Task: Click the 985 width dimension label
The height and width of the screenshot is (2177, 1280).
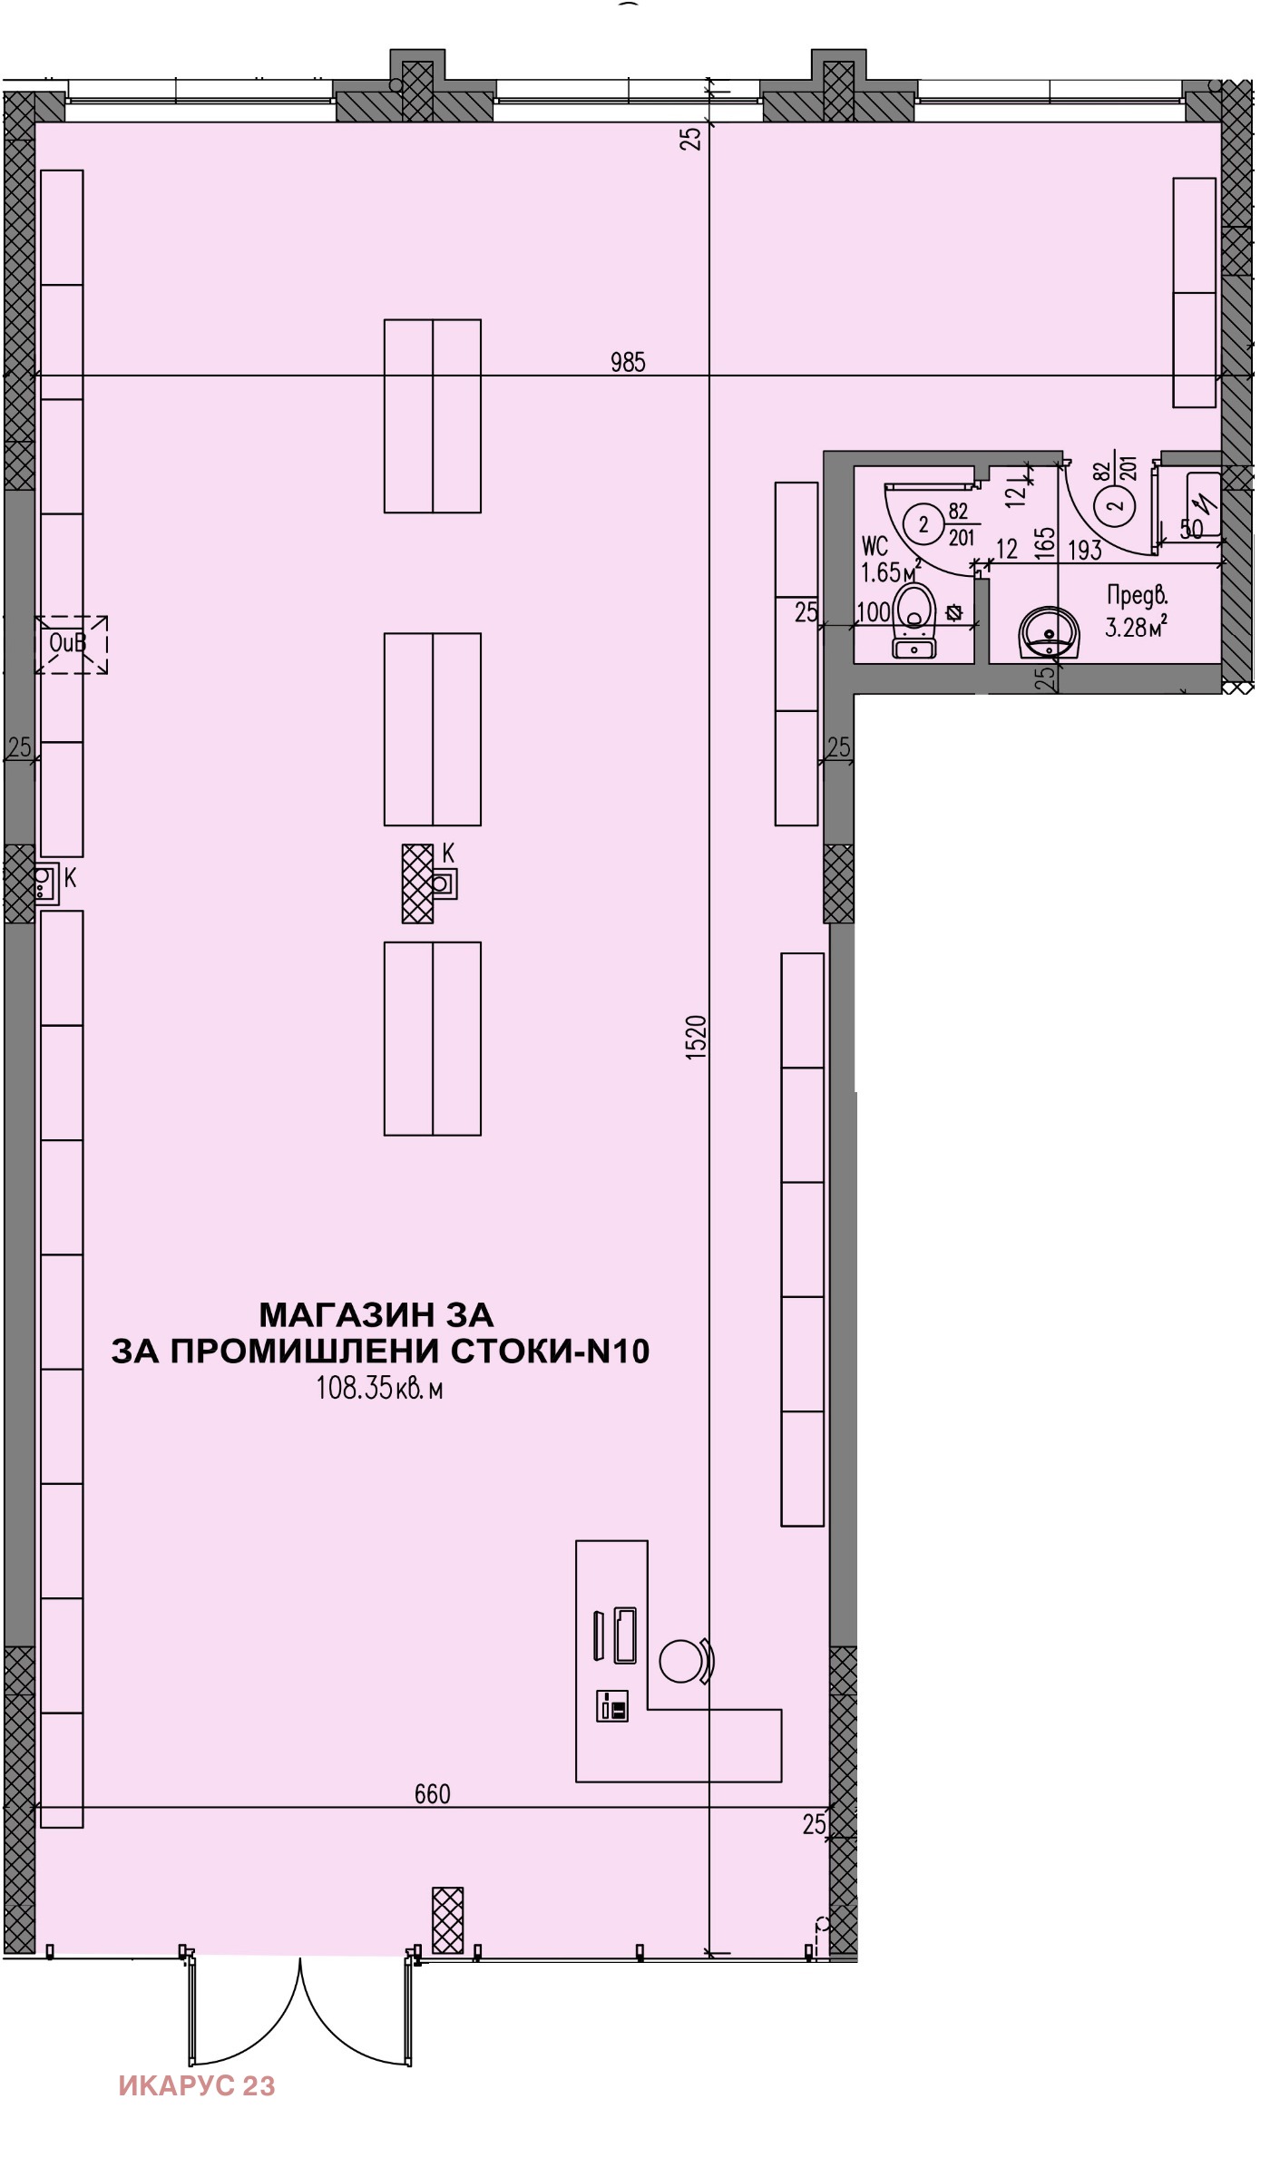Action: pos(628,363)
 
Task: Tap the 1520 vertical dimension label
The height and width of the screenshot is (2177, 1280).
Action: pos(695,1037)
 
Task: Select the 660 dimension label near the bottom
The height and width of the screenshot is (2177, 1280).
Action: pos(432,1794)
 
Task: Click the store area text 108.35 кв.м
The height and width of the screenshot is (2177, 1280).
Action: pos(379,1389)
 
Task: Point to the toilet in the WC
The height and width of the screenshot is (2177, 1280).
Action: pos(914,620)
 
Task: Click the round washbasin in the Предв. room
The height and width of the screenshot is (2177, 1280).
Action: pos(1050,632)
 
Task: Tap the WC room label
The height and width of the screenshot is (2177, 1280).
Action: pos(875,546)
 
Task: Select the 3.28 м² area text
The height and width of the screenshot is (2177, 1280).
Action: pos(1135,626)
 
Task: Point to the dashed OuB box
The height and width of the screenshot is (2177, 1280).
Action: pos(72,644)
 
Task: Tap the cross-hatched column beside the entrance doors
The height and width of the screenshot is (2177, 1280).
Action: pos(447,1919)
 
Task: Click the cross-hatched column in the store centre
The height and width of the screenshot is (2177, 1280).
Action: pos(417,883)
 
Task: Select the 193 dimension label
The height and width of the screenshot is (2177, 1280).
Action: pos(1084,550)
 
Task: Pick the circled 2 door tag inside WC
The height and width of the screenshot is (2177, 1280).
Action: pos(924,524)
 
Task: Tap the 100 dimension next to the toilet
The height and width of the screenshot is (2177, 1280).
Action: pos(874,612)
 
